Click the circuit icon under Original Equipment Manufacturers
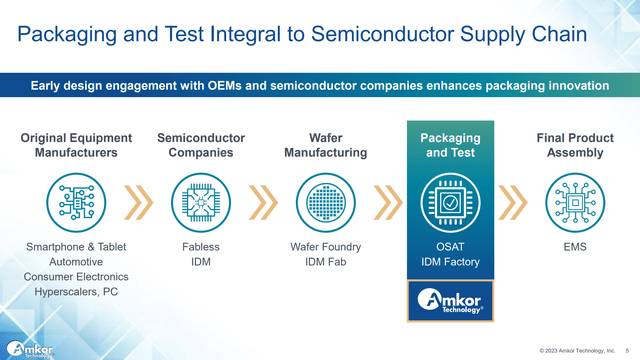pyautogui.click(x=76, y=202)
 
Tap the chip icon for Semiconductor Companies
pyautogui.click(x=201, y=202)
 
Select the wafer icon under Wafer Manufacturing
pyautogui.click(x=326, y=202)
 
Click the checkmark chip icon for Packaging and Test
pyautogui.click(x=450, y=202)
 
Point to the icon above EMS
pyautogui.click(x=575, y=202)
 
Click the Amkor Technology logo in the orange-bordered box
pyautogui.click(x=450, y=301)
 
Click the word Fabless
pyautogui.click(x=201, y=247)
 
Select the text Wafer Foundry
pyautogui.click(x=326, y=247)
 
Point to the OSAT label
pyautogui.click(x=450, y=247)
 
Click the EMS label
pyautogui.click(x=575, y=247)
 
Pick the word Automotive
pyautogui.click(x=76, y=262)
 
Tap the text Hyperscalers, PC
pyautogui.click(x=76, y=292)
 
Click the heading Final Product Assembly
pyautogui.click(x=575, y=145)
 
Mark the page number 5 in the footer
pyautogui.click(x=627, y=351)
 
